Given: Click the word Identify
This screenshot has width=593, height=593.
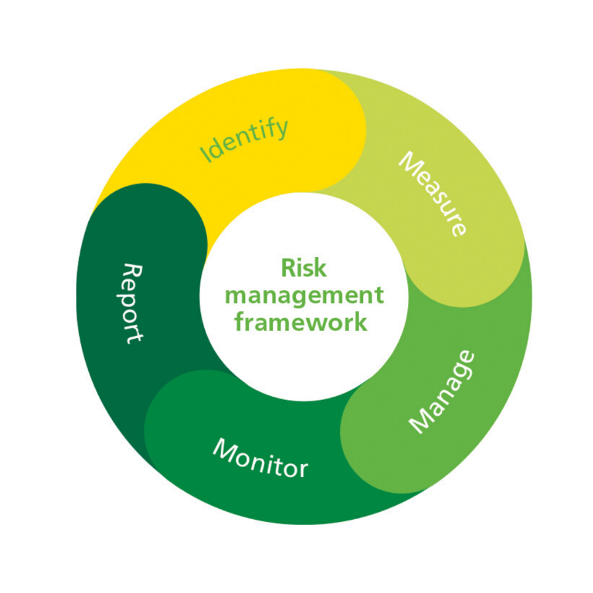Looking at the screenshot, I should point(244,140).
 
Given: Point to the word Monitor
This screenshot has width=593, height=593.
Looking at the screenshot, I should point(260,459).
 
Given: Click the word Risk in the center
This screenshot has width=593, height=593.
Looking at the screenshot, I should point(304,268).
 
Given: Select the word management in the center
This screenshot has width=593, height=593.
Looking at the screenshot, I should point(304,295).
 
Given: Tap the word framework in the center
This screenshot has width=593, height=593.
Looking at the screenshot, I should point(304,322).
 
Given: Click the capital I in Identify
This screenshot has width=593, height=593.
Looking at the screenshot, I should point(205,157).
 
